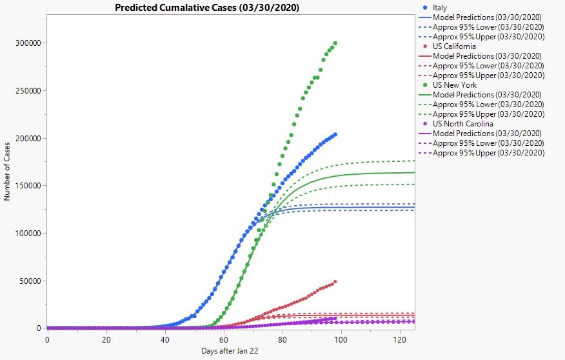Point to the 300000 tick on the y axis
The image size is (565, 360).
coord(28,43)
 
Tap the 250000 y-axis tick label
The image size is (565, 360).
coord(28,91)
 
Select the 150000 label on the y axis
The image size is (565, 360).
coord(28,186)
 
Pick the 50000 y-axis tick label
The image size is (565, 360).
coord(30,281)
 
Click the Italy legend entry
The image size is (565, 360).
coord(441,8)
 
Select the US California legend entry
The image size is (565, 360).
coord(454,46)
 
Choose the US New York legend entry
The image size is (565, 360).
coord(455,85)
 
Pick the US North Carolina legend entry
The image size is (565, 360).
coord(462,124)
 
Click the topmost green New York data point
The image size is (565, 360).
coord(335,43)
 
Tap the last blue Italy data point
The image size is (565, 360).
coord(335,134)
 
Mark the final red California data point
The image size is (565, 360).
coord(335,281)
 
